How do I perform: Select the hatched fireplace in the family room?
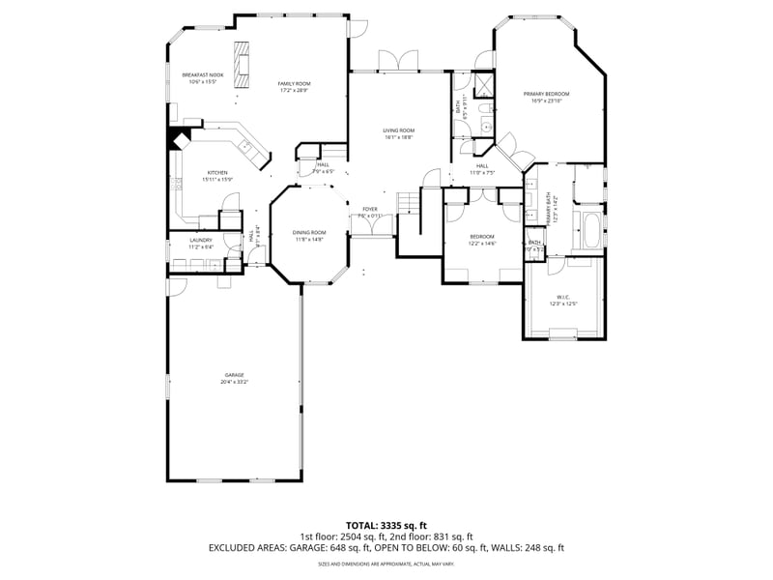(x=242, y=60)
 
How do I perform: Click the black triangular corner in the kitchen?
(x=178, y=138)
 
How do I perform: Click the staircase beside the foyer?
(x=409, y=202)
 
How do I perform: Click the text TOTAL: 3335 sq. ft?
(x=386, y=525)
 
